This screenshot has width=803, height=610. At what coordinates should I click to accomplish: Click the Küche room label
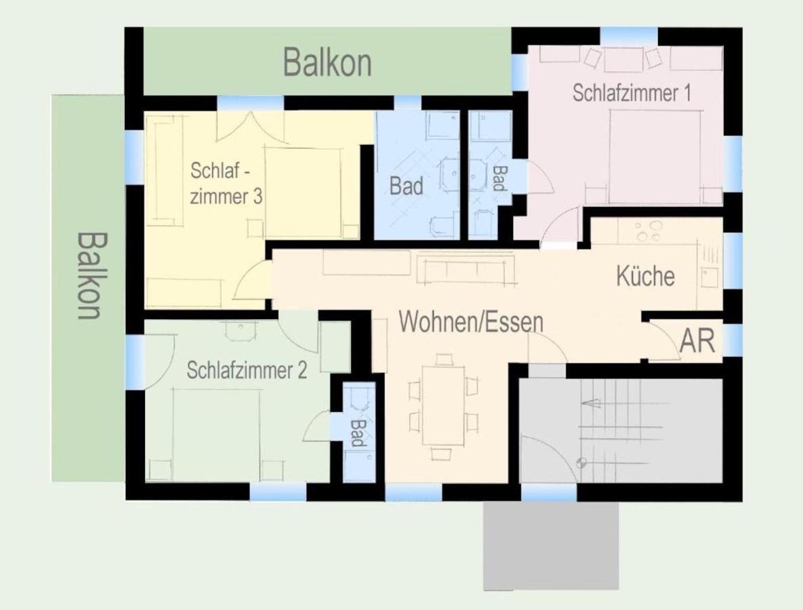pyautogui.click(x=645, y=276)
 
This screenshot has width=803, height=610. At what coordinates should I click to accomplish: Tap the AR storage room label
pyautogui.click(x=697, y=340)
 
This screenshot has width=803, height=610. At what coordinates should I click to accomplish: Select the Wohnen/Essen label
pyautogui.click(x=471, y=322)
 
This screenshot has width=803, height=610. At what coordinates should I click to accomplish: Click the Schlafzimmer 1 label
pyautogui.click(x=632, y=94)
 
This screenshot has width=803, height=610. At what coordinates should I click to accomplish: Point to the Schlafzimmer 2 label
pyautogui.click(x=247, y=370)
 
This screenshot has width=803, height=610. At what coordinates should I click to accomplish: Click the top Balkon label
pyautogui.click(x=327, y=62)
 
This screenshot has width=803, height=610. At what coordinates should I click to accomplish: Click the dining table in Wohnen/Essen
pyautogui.click(x=443, y=405)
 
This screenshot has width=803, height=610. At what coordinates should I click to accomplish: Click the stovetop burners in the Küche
pyautogui.click(x=648, y=231)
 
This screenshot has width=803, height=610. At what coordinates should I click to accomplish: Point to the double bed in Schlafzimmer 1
pyautogui.click(x=655, y=157)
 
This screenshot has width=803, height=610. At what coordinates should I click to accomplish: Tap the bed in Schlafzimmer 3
pyautogui.click(x=303, y=193)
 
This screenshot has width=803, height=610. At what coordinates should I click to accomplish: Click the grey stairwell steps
pyautogui.click(x=622, y=430)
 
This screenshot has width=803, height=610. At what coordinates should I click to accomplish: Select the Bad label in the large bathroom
pyautogui.click(x=406, y=186)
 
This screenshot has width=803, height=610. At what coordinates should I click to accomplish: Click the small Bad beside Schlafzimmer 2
pyautogui.click(x=358, y=432)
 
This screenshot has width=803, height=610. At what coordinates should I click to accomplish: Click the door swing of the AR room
pyautogui.click(x=665, y=340)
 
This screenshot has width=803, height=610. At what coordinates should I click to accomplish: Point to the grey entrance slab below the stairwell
pyautogui.click(x=551, y=546)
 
